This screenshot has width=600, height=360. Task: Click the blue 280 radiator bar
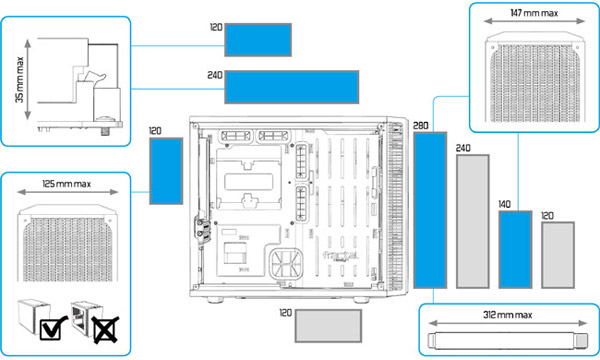(x=430, y=210)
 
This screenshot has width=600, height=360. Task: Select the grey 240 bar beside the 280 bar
(x=473, y=222)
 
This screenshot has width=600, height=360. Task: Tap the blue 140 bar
(x=515, y=249)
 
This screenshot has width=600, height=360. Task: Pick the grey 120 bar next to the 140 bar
(x=558, y=255)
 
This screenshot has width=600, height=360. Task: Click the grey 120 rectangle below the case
(x=328, y=326)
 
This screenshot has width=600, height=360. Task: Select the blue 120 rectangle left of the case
(x=166, y=171)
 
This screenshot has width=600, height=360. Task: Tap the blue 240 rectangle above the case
(x=292, y=87)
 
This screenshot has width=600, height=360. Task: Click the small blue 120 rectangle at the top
(x=258, y=40)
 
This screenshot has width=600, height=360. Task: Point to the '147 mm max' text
(x=534, y=13)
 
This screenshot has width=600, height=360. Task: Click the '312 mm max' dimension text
(x=507, y=315)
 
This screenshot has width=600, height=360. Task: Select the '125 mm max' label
(x=67, y=184)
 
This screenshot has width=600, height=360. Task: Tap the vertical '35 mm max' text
(x=20, y=80)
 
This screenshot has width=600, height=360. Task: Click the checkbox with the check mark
(x=53, y=328)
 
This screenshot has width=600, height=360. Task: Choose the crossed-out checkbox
(x=105, y=329)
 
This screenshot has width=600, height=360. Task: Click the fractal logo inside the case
(x=340, y=256)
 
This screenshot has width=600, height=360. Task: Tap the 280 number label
(x=421, y=126)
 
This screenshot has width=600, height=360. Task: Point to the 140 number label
(x=504, y=204)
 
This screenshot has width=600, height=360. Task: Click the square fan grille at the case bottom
(x=286, y=264)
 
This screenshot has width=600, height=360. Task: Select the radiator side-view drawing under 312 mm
(x=507, y=340)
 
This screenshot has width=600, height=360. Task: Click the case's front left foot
(x=215, y=300)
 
